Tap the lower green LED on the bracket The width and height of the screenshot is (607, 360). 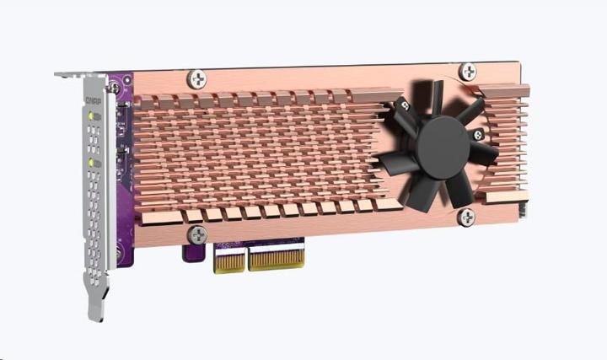pos(90,161)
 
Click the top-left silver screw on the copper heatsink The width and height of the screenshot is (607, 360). pos(199,78)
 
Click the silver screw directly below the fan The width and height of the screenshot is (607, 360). pos(465,218)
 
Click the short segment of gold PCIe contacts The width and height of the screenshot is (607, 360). pos(228,259)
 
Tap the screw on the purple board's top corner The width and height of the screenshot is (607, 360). pos(113,86)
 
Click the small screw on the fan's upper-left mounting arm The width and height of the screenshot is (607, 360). pos(402,105)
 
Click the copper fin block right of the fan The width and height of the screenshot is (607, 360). pos(507,143)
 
